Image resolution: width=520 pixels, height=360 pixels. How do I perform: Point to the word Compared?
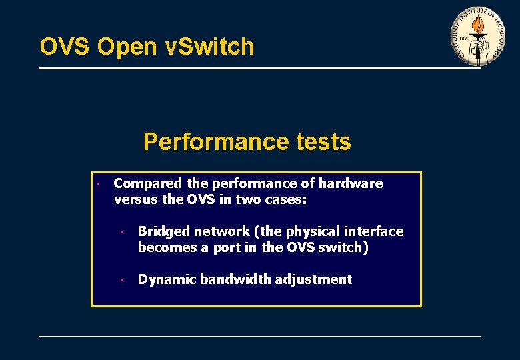(147, 183)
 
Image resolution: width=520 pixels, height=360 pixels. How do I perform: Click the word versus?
(135, 199)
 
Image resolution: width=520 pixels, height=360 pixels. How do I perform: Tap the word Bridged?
(164, 231)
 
